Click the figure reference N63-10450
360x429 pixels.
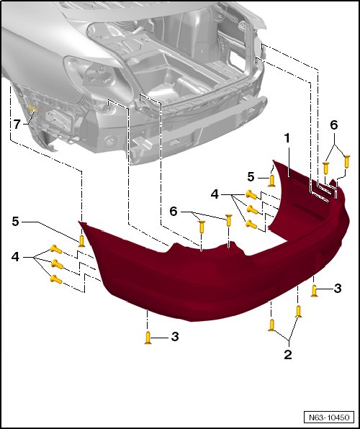point(329,417)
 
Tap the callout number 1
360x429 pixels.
point(287,138)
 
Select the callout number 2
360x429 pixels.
point(288,355)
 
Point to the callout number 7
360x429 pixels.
point(17,125)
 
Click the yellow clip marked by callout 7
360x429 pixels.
point(32,109)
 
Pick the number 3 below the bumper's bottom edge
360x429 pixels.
point(175,337)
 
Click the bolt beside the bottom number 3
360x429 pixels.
point(148,338)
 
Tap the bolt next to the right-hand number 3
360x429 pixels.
point(315,291)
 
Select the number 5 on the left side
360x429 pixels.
point(15,222)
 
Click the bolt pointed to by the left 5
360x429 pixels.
point(81,241)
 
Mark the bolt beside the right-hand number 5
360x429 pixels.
point(271,181)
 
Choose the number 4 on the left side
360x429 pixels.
point(15,257)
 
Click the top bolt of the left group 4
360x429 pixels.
point(56,249)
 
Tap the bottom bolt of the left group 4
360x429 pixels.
point(56,279)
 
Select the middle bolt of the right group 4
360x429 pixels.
point(252,209)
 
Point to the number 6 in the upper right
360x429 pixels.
point(333,125)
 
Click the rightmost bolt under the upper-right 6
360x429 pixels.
point(347,162)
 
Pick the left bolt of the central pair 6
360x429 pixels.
point(202,227)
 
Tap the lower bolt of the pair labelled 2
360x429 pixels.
point(271,325)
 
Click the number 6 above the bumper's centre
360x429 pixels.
point(174,212)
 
